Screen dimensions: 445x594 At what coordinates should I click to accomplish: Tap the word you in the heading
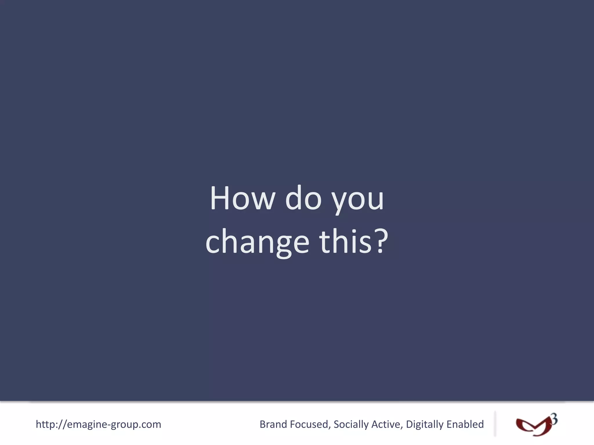[358, 200]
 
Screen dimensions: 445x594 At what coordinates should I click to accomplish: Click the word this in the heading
[345, 241]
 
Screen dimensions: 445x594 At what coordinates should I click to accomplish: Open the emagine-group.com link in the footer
[98, 424]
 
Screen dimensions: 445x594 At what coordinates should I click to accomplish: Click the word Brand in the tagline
[273, 424]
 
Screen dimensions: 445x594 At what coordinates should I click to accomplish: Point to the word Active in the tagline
[387, 424]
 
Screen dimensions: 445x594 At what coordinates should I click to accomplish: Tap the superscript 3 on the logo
[554, 419]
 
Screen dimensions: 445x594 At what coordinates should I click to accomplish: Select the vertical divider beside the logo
[495, 424]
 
